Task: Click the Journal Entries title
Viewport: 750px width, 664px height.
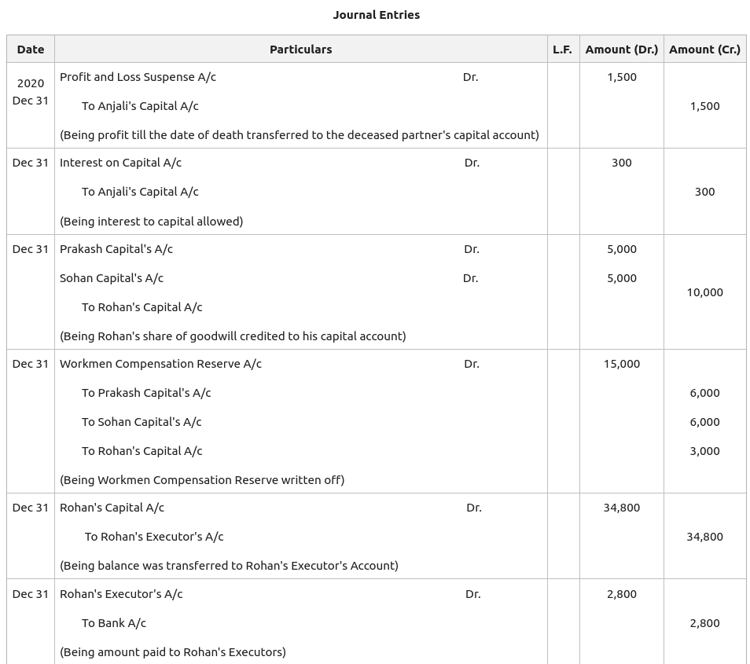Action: [x=376, y=15]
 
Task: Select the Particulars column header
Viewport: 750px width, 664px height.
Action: [x=300, y=49]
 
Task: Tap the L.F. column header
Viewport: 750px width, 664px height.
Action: [x=562, y=49]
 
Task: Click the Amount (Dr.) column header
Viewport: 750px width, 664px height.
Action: [x=621, y=49]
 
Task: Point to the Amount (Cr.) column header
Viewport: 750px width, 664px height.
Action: [x=704, y=49]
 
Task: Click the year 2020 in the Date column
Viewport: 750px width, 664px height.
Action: [x=31, y=83]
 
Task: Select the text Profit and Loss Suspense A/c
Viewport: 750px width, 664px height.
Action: [x=138, y=77]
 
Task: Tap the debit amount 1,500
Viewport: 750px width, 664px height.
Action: [x=621, y=77]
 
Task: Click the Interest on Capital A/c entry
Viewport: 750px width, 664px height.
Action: [x=120, y=163]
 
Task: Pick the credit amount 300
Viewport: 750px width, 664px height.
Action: [x=704, y=192]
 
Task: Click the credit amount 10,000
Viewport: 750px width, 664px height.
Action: [x=704, y=292]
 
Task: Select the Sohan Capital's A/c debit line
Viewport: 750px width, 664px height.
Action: [x=112, y=278]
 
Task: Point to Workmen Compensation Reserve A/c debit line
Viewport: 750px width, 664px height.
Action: [x=160, y=364]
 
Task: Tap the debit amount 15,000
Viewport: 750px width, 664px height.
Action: [x=621, y=364]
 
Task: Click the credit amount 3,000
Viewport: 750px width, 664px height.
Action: [x=704, y=451]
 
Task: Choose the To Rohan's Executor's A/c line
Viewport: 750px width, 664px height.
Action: [x=154, y=537]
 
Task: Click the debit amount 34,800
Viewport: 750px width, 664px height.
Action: [x=621, y=508]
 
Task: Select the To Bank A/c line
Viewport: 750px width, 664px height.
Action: [x=114, y=623]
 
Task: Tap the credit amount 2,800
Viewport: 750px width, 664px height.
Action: [x=704, y=623]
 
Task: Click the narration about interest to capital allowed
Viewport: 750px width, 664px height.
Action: [x=151, y=222]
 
